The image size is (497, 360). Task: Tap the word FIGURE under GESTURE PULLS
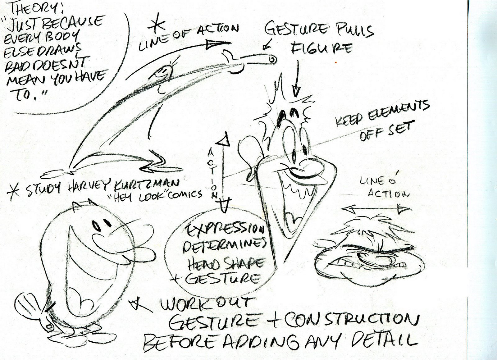click(x=321, y=48)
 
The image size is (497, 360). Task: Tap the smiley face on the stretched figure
click(x=162, y=73)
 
